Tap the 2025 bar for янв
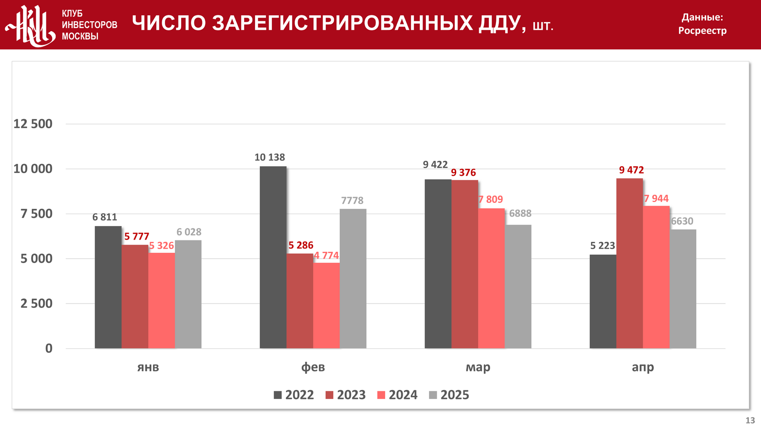(188, 294)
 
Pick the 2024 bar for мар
(491, 278)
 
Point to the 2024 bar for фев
(327, 305)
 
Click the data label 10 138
(270, 157)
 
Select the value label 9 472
(631, 170)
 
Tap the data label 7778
(352, 200)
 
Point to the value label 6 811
(105, 217)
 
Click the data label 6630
(682, 221)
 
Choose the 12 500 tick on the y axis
(33, 124)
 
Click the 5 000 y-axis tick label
(37, 259)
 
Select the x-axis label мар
(478, 367)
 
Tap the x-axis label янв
(148, 367)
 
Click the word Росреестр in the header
(702, 31)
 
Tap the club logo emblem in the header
(31, 25)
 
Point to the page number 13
(750, 420)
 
